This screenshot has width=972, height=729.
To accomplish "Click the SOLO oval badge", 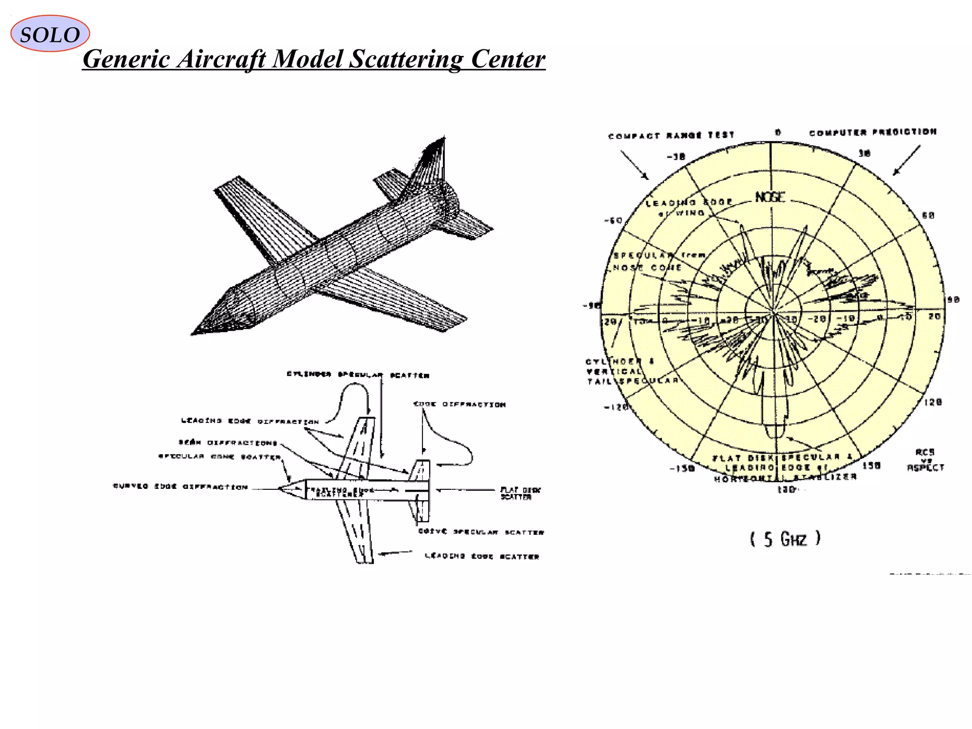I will coord(50,34).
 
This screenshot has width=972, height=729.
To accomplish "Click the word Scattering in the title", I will coord(406,59).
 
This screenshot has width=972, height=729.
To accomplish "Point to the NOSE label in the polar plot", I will coord(770,197).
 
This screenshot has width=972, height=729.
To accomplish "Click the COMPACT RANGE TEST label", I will coord(671,136).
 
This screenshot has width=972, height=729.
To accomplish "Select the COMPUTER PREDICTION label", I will coord(873,132).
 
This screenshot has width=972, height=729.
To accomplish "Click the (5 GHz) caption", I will coord(785,539).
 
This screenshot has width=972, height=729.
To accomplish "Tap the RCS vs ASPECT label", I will coord(925,460).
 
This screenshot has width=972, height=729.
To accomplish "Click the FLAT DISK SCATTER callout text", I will coord(520,493).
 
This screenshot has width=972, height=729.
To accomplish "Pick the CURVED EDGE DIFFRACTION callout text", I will coord(180,486).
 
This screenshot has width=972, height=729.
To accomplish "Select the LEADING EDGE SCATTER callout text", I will coord(482,556).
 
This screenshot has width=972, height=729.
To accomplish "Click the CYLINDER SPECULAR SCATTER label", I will coord(358,375).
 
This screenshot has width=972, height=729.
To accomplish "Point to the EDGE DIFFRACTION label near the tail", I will coord(459,404).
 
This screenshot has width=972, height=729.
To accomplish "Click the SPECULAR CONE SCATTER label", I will coord(219,457).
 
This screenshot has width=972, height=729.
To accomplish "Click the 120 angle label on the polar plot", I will coord(933,402).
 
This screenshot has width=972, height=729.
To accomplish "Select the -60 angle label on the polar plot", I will coord(613,220).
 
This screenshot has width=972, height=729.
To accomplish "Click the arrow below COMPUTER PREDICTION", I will coord(907,160).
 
